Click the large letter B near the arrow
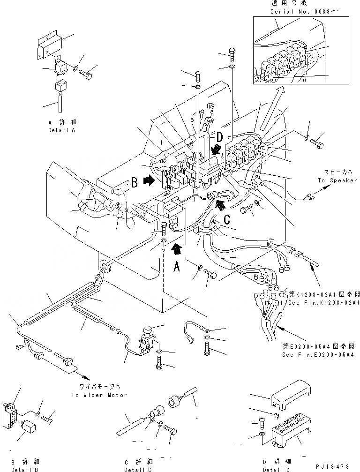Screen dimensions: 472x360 coord(134,183)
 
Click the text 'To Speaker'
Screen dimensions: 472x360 coord(337,180)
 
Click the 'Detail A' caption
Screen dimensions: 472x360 coord(61,130)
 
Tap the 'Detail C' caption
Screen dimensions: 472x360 coord(139,469)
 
